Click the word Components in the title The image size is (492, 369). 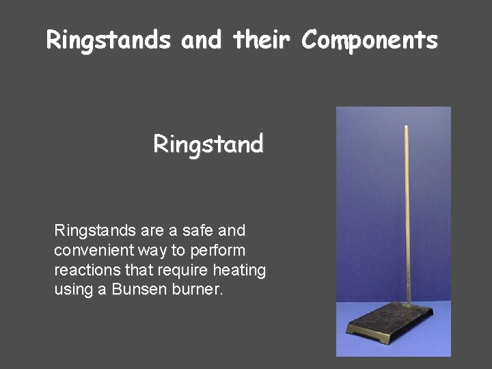click(369, 41)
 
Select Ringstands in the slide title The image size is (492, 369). click(108, 41)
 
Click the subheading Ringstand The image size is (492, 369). click(208, 145)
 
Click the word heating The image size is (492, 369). click(238, 270)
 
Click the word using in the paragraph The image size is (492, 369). click(72, 290)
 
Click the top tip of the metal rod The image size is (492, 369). click(407, 126)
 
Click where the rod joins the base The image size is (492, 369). click(409, 305)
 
